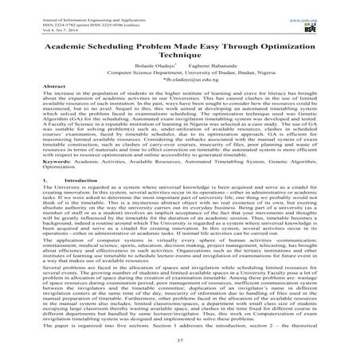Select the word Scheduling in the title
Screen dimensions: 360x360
(115, 47)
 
